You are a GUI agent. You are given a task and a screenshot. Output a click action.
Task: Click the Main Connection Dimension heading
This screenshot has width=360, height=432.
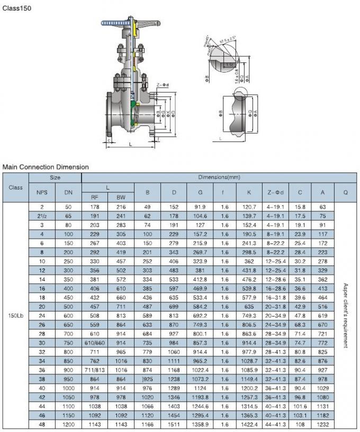46,167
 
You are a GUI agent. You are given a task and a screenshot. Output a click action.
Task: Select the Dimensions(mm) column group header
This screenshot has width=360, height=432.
219,178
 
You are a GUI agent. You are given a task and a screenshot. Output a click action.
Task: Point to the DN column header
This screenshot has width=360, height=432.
68,192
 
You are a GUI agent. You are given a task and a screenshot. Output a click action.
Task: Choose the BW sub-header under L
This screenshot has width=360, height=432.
121,197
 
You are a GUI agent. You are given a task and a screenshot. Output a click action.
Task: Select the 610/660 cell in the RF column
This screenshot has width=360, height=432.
95,343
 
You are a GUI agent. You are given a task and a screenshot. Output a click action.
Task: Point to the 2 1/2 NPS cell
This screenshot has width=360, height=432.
42,217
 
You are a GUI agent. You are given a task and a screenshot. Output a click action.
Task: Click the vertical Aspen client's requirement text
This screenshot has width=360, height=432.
345,316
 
